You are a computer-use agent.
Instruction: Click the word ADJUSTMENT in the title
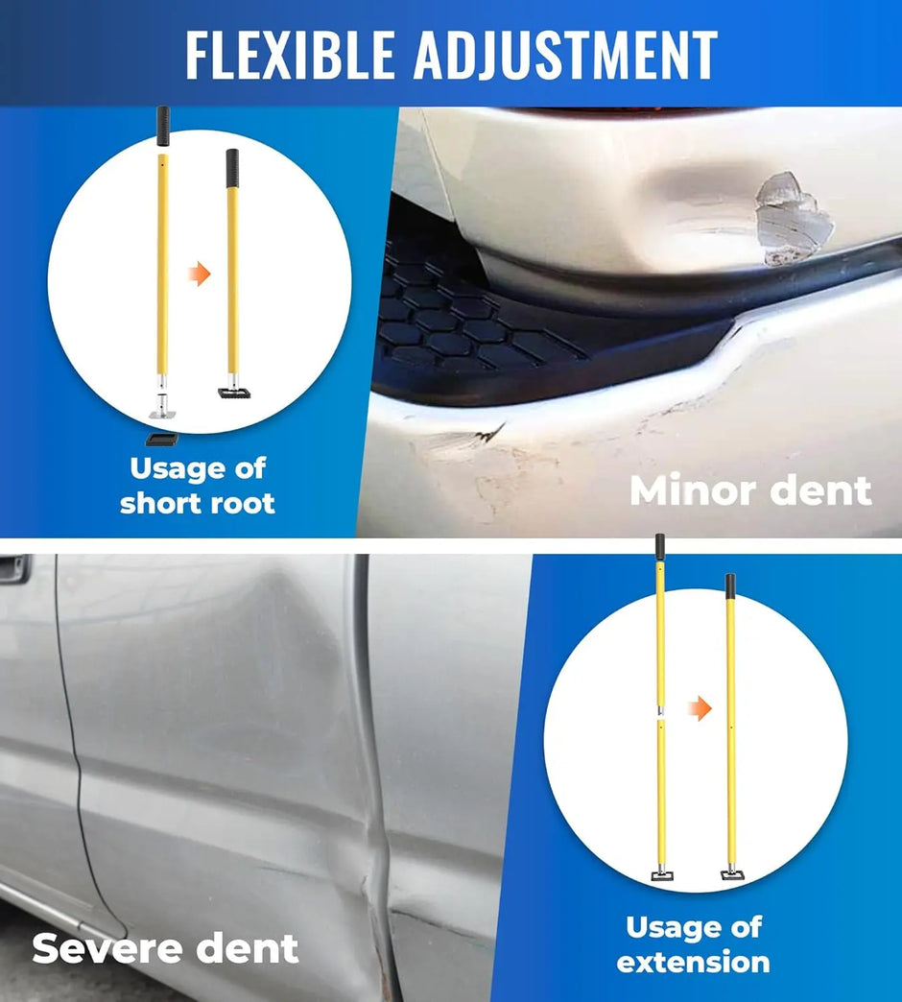[565, 55]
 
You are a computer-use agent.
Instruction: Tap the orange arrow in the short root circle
[199, 275]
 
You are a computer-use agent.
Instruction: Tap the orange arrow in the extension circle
[701, 709]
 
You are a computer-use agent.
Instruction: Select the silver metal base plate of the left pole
[163, 411]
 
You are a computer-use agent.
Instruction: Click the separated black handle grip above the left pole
[163, 126]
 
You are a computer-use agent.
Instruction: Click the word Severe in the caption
[107, 948]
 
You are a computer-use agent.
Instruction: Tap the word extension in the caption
[693, 962]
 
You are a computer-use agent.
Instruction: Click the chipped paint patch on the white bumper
[792, 213]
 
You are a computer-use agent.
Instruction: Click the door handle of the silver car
[13, 569]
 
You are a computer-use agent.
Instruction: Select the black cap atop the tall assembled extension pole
[730, 584]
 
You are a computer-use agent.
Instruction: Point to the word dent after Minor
[819, 490]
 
